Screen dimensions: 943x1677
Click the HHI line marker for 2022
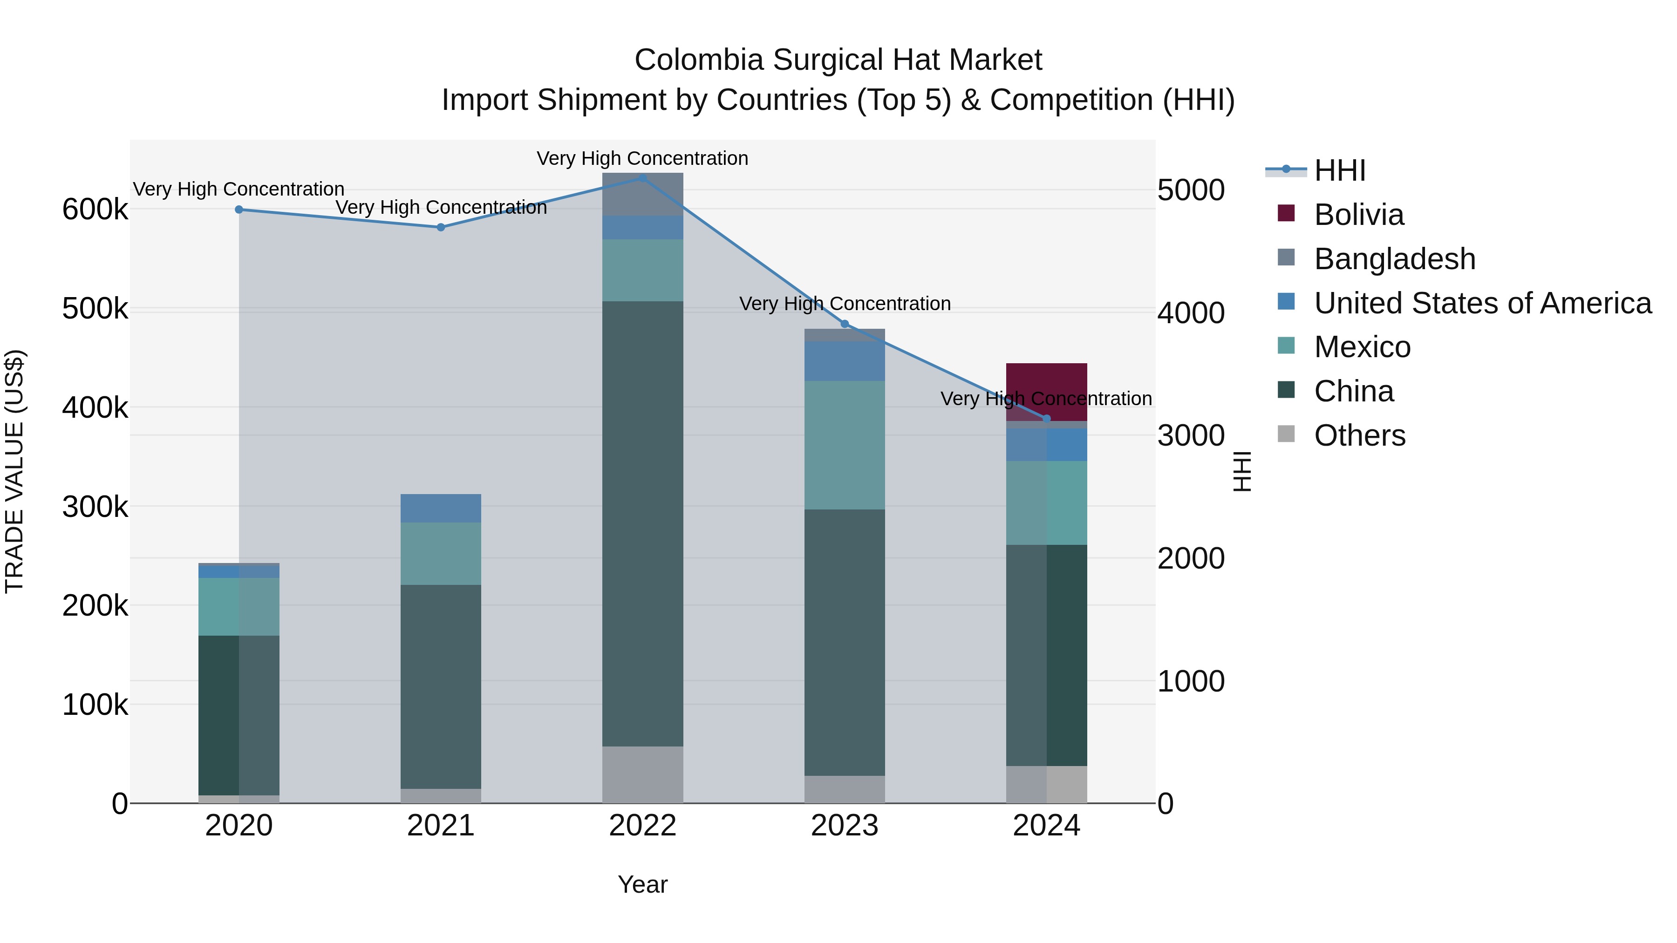point(642,178)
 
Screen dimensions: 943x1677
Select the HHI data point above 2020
point(239,210)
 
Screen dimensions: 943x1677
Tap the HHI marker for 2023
point(845,324)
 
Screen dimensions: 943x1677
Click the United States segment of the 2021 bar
point(441,508)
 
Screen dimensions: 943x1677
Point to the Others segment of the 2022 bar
point(642,774)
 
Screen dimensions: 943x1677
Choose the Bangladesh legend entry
point(1394,259)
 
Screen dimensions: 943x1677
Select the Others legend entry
point(1359,435)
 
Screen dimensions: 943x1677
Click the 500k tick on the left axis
point(95,309)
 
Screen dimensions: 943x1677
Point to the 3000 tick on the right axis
point(1191,435)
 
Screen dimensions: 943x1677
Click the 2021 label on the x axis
point(441,826)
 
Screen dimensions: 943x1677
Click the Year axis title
point(642,884)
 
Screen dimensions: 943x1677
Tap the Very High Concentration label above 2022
point(642,158)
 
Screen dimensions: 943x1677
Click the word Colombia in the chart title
point(698,60)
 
